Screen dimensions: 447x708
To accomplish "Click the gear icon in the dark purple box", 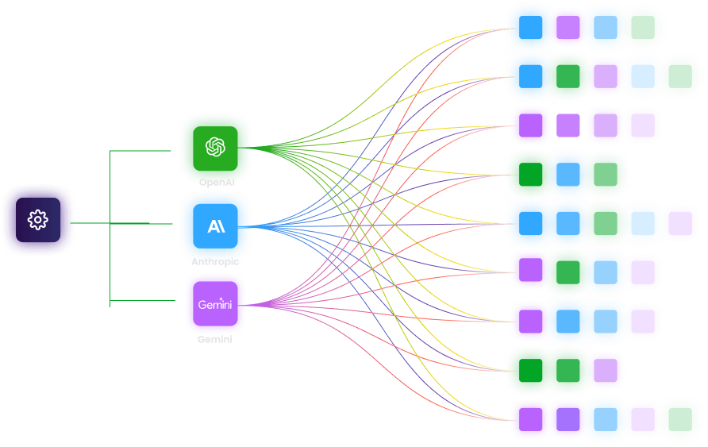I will [37, 220].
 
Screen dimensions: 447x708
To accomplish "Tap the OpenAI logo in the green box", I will [215, 147].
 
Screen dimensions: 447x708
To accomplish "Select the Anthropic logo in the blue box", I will [216, 226].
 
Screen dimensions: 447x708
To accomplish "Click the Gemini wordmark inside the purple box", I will [215, 303].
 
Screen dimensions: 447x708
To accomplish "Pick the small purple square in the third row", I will [568, 125].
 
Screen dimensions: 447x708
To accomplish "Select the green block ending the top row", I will [644, 27].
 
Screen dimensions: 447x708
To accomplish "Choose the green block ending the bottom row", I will [681, 419].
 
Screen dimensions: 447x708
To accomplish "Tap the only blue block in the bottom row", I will [606, 419].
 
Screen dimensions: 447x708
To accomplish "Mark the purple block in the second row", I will [606, 75].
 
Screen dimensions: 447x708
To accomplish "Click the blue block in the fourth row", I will [568, 174].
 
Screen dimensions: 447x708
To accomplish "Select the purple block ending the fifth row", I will [680, 223].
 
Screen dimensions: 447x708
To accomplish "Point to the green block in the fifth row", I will [606, 223].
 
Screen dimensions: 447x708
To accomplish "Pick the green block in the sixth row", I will [568, 272].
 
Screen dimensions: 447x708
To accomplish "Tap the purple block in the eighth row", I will [606, 370].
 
